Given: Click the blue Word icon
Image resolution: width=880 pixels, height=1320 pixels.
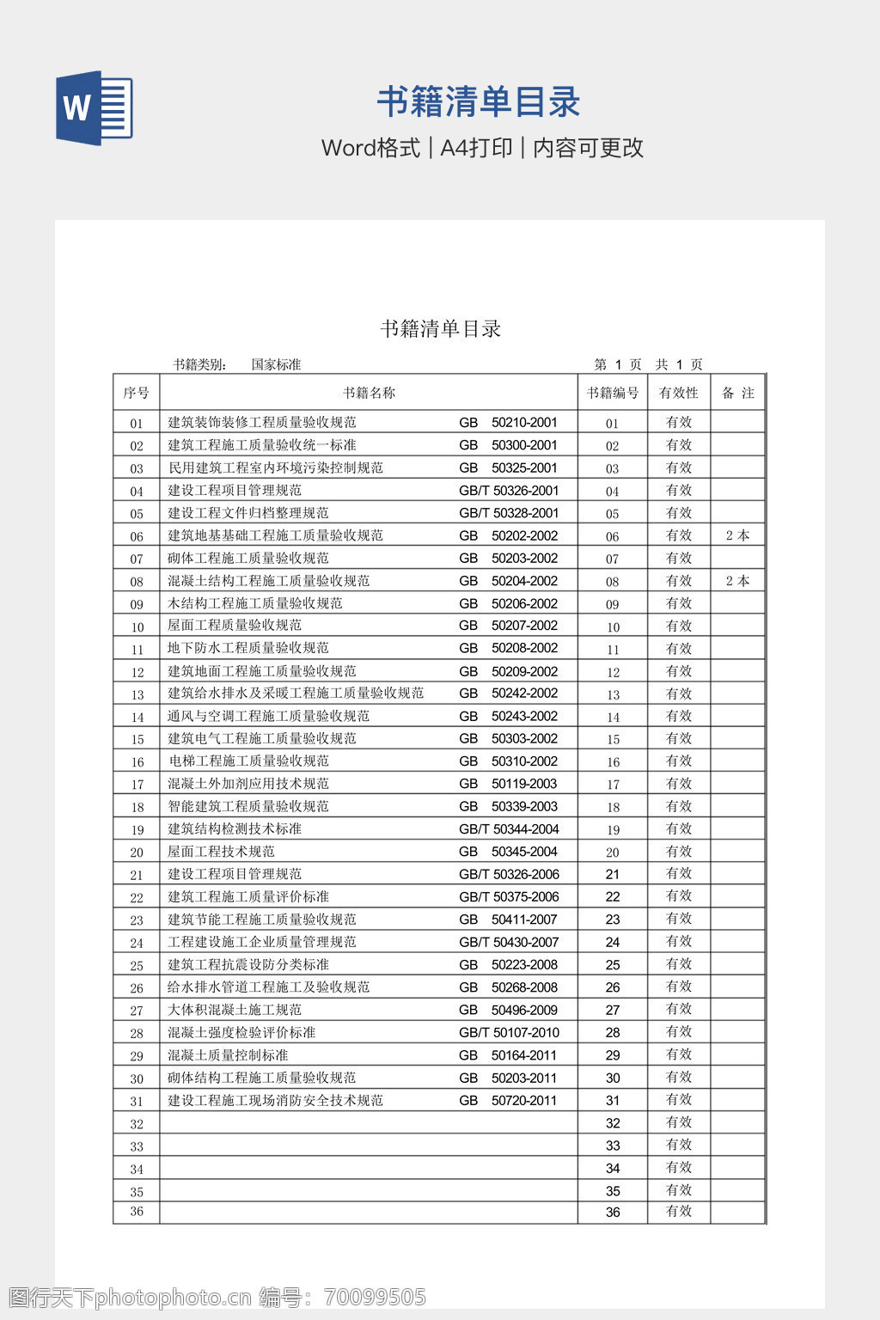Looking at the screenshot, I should pos(94,107).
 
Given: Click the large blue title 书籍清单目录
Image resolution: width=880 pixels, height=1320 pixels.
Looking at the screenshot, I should pos(479,102).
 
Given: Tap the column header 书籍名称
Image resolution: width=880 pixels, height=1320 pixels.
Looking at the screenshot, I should pos(369,393).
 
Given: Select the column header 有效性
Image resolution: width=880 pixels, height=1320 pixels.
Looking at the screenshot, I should pos(678,393).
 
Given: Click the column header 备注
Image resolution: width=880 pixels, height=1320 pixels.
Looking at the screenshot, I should pos(737,393).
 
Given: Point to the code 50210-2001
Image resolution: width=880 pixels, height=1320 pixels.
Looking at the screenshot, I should pos(524,422).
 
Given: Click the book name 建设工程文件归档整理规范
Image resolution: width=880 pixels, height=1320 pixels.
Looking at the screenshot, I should pos(247,513).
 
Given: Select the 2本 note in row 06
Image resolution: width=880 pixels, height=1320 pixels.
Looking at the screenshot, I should pos(737,535).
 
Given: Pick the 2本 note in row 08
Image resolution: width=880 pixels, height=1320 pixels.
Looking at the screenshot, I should pos(737,581).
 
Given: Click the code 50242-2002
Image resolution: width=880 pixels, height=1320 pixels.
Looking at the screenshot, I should pos(524,693).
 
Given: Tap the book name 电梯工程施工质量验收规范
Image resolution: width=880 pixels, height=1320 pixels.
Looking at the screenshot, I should pos(248,761).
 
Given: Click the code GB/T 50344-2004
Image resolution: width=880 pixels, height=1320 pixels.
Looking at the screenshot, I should pos(509,829).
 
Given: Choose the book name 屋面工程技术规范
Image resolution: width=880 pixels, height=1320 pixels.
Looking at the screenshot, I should pos(221,852).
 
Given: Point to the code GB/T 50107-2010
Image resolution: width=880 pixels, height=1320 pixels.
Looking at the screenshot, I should pos(509,1032).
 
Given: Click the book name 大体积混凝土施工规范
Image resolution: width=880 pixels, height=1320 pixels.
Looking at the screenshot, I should pos(235,1010).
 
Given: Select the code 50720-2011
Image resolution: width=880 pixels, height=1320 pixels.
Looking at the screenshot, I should pos(524,1100).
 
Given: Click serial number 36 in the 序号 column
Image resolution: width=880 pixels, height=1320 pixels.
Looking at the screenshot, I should pos(137,1212).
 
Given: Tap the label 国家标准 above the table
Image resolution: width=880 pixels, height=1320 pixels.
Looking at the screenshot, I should pos(276,364).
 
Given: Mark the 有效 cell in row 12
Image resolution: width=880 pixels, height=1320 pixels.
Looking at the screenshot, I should pos(678,671).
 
